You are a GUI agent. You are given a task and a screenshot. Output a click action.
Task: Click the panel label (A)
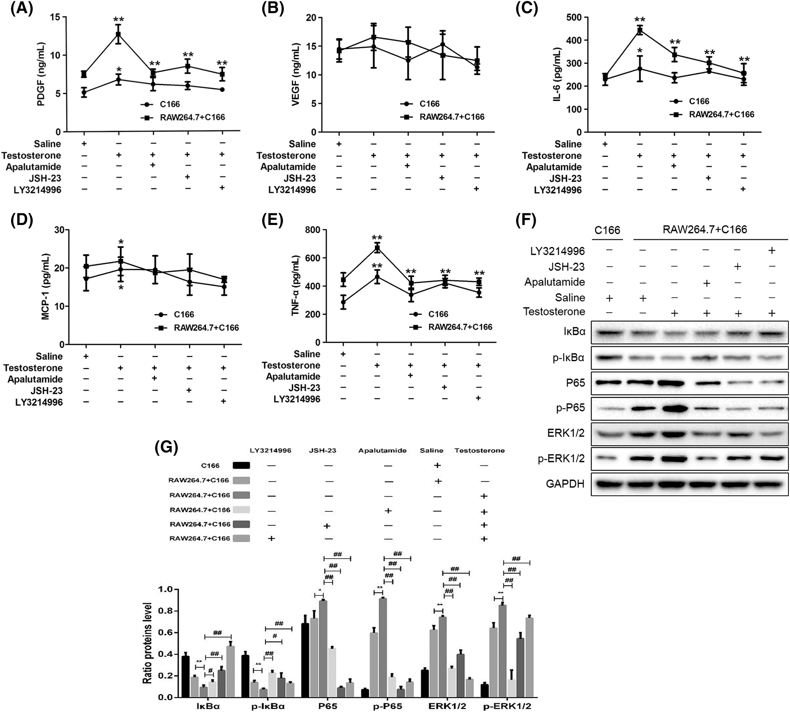[x=21, y=8]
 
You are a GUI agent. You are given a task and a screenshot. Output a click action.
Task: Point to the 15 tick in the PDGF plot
[x=55, y=17]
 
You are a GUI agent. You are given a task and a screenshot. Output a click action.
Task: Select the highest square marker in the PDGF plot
[x=118, y=34]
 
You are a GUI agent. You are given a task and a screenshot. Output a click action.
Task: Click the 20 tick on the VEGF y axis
[x=310, y=18]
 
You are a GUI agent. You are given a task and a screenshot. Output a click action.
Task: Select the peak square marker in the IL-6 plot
[x=640, y=31]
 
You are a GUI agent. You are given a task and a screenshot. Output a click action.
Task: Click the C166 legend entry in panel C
[x=699, y=101]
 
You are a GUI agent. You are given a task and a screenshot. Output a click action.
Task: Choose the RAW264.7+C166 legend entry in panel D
[x=206, y=328]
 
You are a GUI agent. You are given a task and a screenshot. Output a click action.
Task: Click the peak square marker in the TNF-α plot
[x=376, y=248]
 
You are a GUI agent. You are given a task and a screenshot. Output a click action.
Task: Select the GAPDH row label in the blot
[x=565, y=484]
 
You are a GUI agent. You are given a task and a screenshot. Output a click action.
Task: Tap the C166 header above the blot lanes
[x=607, y=230]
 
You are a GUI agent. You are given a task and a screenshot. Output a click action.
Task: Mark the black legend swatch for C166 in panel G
[x=241, y=465]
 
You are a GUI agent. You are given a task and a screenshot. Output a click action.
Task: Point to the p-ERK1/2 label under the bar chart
[x=507, y=706]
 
